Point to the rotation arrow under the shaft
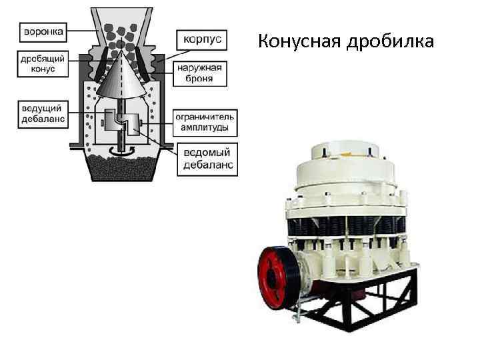point(121,151)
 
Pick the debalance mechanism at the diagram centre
point(121,123)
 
